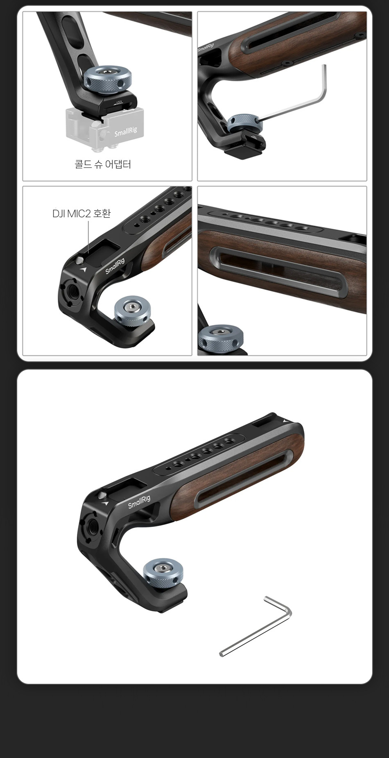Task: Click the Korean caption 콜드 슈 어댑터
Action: [x=103, y=164]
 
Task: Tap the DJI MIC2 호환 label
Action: [x=81, y=213]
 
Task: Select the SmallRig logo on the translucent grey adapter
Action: [x=126, y=132]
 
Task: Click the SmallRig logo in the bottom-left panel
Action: [x=115, y=266]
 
